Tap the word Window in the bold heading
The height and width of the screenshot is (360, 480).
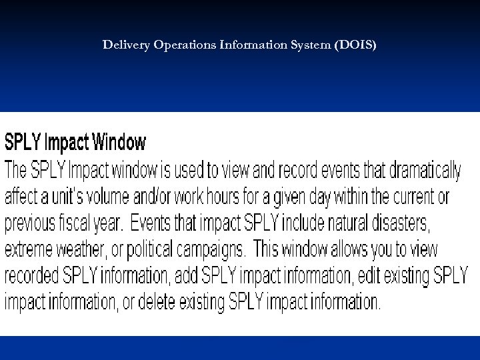[119, 142]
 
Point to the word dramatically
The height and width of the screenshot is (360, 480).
[420, 171]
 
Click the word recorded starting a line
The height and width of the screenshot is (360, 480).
[33, 275]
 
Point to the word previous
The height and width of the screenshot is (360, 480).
[33, 223]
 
